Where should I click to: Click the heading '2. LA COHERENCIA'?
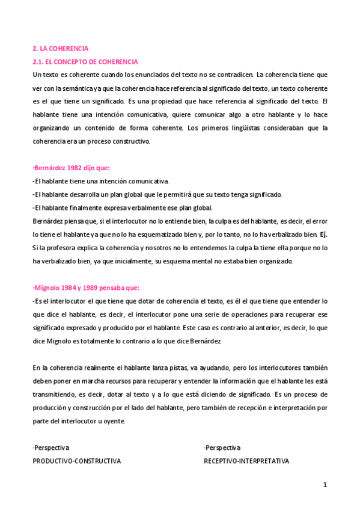pyautogui.click(x=60, y=48)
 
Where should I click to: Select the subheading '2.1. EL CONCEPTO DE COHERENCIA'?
pyautogui.click(x=85, y=61)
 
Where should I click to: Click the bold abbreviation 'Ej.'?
pyautogui.click(x=323, y=235)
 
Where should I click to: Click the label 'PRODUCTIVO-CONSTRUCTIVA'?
pyautogui.click(x=77, y=461)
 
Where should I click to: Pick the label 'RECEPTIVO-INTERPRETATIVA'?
pyautogui.click(x=246, y=461)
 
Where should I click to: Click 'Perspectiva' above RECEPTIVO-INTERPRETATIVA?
pyautogui.click(x=222, y=447)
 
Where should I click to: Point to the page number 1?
pyautogui.click(x=325, y=485)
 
